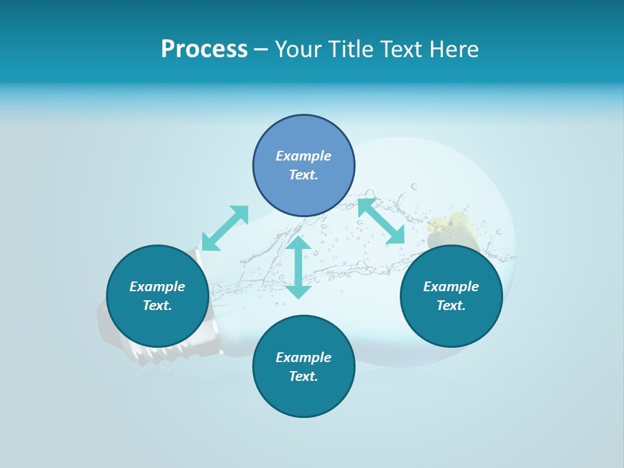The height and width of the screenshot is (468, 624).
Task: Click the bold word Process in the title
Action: (204, 49)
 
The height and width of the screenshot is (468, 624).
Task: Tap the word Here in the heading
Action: (454, 49)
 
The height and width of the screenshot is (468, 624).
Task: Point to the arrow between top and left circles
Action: (225, 228)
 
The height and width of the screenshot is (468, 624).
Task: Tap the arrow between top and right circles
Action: (381, 221)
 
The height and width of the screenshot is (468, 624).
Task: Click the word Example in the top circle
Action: (304, 156)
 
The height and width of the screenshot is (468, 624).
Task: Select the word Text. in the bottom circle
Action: (304, 376)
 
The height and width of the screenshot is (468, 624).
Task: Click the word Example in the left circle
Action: (157, 287)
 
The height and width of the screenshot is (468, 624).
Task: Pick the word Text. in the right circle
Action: (451, 305)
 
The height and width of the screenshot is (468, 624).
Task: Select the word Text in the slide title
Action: (402, 49)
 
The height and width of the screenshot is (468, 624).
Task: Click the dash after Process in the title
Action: (261, 49)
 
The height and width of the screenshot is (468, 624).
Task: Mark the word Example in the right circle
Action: (451, 287)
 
